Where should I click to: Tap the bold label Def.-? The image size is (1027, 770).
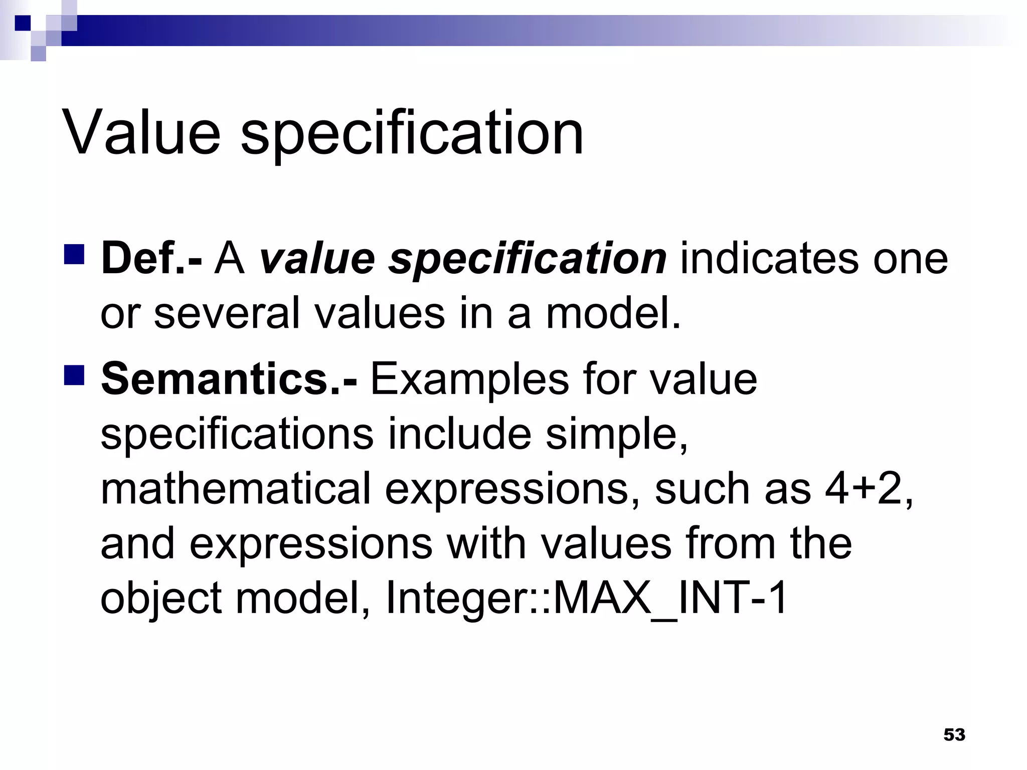click(151, 259)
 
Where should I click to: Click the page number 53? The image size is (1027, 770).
click(954, 734)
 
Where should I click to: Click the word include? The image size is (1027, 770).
click(459, 433)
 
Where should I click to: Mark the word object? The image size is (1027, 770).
click(161, 599)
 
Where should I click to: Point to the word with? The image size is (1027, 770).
click(486, 543)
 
